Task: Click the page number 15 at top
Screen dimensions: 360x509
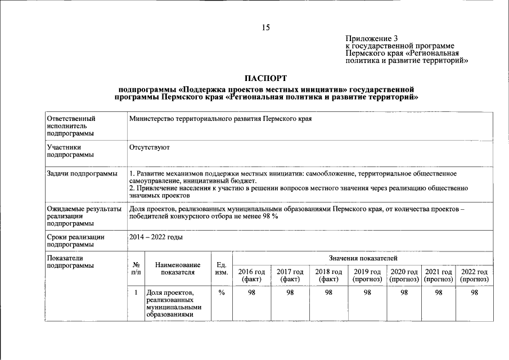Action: point(265,28)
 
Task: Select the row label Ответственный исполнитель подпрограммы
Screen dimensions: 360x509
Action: point(71,126)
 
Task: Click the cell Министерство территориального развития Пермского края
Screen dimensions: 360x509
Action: point(220,119)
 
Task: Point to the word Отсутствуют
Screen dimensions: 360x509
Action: point(149,147)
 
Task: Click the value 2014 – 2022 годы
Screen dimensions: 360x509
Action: point(156,237)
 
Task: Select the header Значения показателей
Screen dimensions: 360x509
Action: point(363,258)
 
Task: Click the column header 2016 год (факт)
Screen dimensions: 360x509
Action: point(251,275)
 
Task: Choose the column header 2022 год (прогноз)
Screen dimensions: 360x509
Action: point(475,275)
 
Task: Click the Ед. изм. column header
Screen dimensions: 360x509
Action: point(221,268)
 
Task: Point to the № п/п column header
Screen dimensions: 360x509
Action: point(136,268)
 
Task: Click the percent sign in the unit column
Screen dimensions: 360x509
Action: point(221,292)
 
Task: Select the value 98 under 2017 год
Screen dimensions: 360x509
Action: point(290,292)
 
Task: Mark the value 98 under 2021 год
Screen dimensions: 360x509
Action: point(439,292)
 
